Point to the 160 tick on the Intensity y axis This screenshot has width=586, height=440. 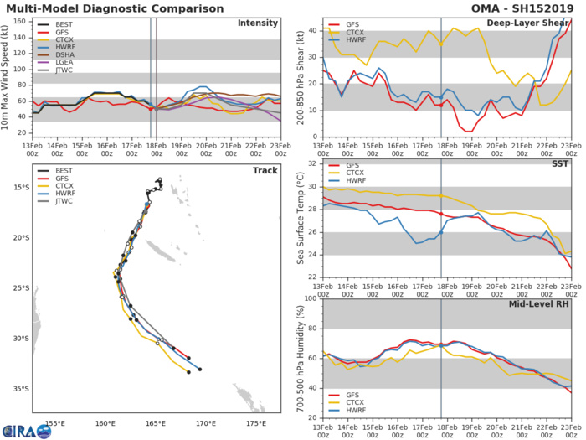pyautogui.click(x=22, y=17)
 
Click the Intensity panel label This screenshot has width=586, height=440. pyautogui.click(x=258, y=23)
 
